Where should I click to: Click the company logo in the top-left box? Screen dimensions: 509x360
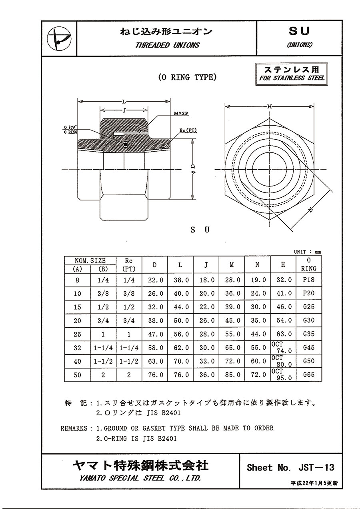(58, 39)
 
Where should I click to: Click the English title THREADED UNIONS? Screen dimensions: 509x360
(167, 45)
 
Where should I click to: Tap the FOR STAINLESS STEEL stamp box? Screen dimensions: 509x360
(292, 74)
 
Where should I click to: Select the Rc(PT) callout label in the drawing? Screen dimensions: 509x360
(188, 130)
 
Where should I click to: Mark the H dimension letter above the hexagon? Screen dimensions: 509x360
(270, 106)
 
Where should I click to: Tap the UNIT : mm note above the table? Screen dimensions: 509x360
(307, 252)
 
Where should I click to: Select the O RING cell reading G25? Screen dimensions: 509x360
(309, 307)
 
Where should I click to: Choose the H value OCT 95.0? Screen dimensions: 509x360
(284, 375)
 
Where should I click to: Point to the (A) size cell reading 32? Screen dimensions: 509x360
(77, 348)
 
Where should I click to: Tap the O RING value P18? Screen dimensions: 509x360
(309, 280)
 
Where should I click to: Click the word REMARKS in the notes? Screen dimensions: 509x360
(74, 428)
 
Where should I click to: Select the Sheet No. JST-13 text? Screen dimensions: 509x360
(290, 467)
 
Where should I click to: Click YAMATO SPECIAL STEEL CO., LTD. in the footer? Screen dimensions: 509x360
(140, 478)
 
